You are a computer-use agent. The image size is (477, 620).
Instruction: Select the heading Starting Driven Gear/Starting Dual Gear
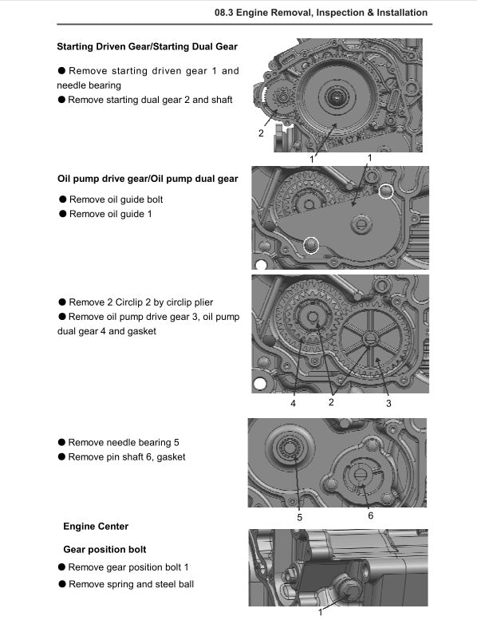pyautogui.click(x=148, y=47)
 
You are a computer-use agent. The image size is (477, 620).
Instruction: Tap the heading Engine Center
pyautogui.click(x=96, y=526)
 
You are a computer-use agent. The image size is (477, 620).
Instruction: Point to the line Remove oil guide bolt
pyautogui.click(x=116, y=199)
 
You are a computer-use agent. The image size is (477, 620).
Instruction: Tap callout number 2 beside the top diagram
pyautogui.click(x=260, y=133)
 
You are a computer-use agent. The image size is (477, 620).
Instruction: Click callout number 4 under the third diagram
pyautogui.click(x=293, y=403)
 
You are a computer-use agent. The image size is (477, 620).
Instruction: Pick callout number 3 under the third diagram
pyautogui.click(x=388, y=403)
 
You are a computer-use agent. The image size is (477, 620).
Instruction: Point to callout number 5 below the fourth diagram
pyautogui.click(x=299, y=517)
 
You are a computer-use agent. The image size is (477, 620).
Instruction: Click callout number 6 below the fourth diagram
pyautogui.click(x=370, y=515)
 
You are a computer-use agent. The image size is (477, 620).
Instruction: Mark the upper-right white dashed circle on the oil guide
pyautogui.click(x=386, y=192)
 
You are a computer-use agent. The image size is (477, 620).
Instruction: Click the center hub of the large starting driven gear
pyautogui.click(x=336, y=100)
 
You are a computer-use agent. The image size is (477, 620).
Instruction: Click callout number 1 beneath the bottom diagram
pyautogui.click(x=321, y=612)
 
